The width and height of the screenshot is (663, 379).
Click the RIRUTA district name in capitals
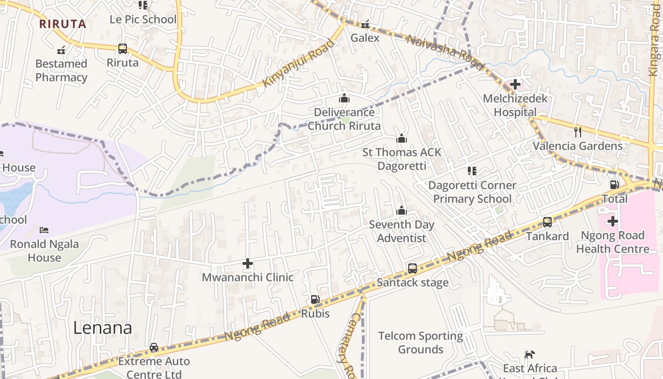tap(63, 24)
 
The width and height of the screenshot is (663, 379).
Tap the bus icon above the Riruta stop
tap(123, 48)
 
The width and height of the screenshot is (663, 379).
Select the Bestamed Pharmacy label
tap(61, 71)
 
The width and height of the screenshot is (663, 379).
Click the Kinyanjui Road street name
tap(298, 63)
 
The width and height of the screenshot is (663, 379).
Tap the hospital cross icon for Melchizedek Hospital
tap(515, 85)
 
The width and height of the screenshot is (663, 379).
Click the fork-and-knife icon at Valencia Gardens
tap(577, 132)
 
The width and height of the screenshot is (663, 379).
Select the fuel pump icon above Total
tap(614, 184)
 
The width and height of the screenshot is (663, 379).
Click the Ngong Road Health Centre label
tap(612, 242)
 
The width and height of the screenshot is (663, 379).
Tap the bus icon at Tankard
tap(547, 222)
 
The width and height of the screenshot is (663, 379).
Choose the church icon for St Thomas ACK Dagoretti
tap(402, 138)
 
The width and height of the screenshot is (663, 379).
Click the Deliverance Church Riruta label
tap(344, 119)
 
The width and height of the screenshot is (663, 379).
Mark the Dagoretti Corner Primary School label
tap(472, 192)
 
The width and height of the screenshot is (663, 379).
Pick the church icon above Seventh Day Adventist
tap(402, 210)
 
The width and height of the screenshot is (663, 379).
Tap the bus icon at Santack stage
tap(412, 269)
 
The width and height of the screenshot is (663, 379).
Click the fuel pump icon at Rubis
tap(315, 299)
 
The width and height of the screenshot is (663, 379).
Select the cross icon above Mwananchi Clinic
tap(248, 263)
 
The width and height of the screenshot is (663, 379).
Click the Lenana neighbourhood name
tap(102, 328)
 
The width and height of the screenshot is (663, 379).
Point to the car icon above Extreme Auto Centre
tap(154, 347)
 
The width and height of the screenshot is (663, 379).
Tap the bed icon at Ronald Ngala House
tap(44, 230)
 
